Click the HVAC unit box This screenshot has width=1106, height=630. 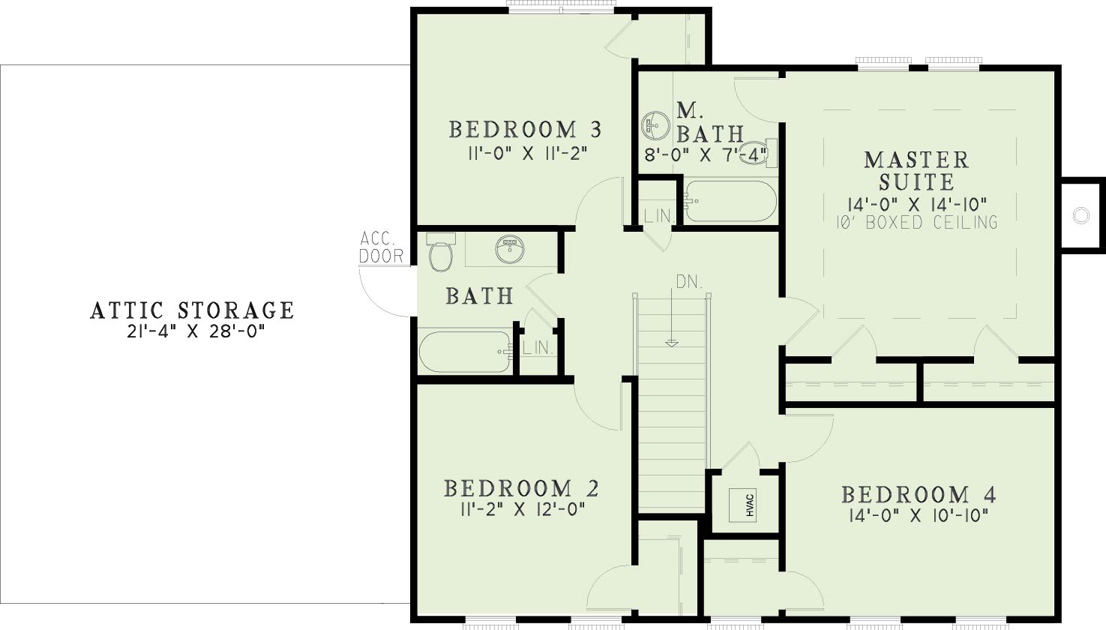[x=744, y=505]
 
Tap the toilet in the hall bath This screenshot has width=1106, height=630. [x=441, y=252]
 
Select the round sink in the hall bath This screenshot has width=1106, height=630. [x=510, y=249]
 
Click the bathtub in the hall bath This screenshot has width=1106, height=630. [x=466, y=352]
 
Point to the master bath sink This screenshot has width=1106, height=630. [x=655, y=125]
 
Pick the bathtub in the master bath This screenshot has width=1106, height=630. [x=730, y=201]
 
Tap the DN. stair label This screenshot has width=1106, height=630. [x=689, y=283]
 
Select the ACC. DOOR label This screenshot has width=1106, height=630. [x=381, y=247]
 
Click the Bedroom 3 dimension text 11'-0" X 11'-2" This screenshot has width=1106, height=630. [x=527, y=154]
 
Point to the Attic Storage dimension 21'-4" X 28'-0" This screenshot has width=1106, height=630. [x=193, y=331]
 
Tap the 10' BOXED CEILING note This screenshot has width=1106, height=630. [x=917, y=222]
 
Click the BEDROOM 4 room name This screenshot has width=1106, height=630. [x=919, y=494]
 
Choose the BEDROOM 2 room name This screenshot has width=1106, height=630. [x=521, y=488]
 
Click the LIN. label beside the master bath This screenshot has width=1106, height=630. [x=659, y=216]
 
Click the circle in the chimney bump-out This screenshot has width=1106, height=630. [x=1081, y=216]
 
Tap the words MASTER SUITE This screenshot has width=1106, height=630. [x=916, y=171]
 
